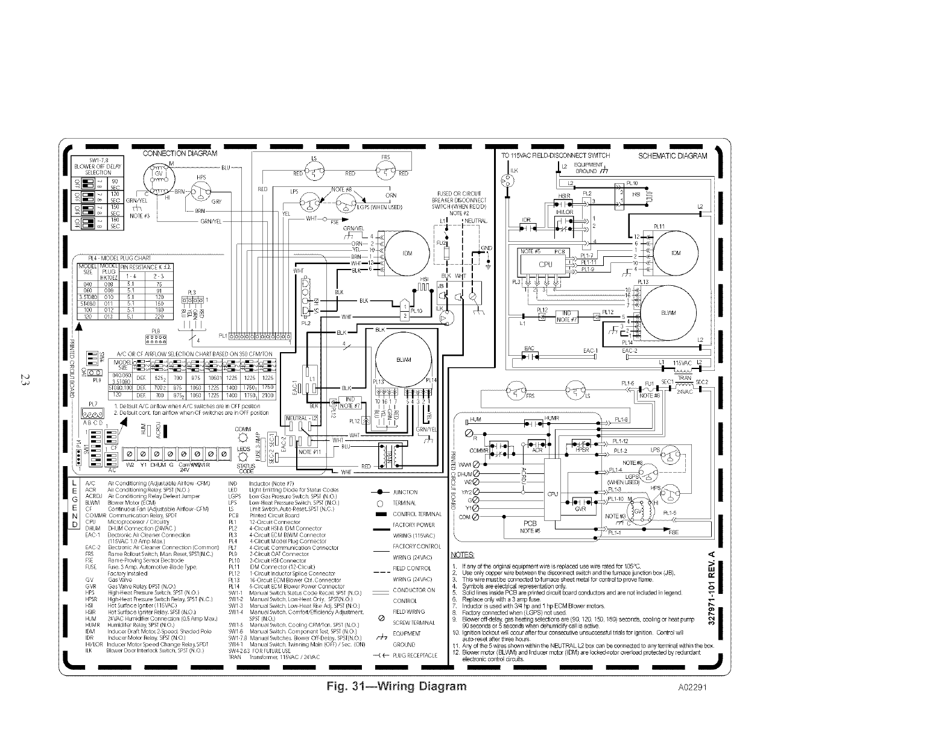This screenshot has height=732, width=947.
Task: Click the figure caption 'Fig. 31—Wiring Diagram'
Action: [x=396, y=686]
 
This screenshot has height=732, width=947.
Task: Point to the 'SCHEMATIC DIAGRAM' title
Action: [x=672, y=156]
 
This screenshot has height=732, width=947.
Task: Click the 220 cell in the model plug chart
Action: [x=160, y=315]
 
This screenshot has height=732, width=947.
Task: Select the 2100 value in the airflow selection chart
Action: [x=267, y=396]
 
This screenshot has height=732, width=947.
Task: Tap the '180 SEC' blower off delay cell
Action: [x=115, y=222]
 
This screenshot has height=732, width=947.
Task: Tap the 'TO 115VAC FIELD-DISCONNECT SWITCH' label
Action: [x=555, y=156]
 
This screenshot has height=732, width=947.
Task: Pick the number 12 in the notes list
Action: [x=456, y=652]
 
